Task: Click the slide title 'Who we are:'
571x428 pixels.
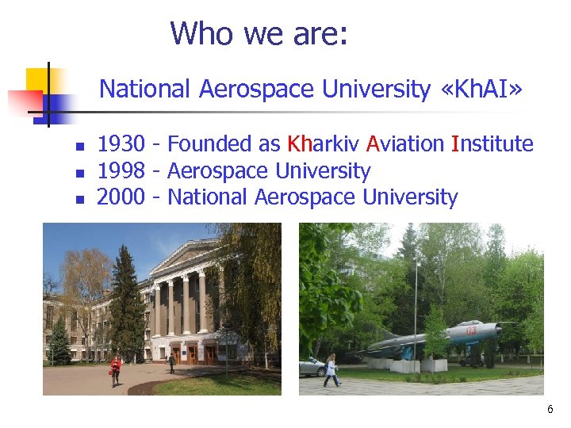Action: click(x=259, y=34)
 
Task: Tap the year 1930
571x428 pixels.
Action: click(x=121, y=144)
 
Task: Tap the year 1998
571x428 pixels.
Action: click(x=121, y=171)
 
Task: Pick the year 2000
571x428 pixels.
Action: click(x=121, y=197)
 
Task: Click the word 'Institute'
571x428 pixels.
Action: click(x=492, y=144)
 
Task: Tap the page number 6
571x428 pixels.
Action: click(x=550, y=410)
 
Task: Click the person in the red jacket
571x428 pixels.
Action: click(x=116, y=369)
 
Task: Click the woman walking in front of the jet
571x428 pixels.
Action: click(x=331, y=370)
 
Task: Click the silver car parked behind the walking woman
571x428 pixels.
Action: click(x=314, y=367)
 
